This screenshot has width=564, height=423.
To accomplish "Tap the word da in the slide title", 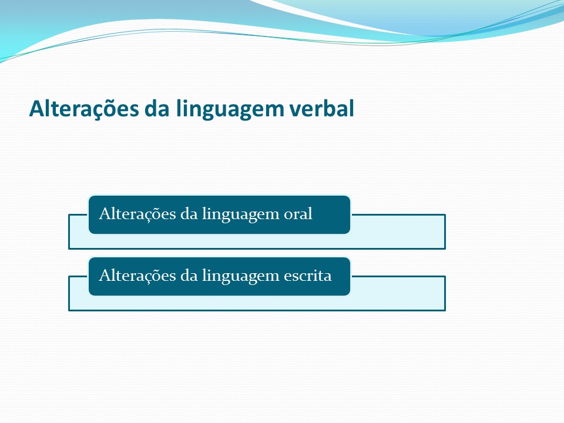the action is click(x=157, y=109).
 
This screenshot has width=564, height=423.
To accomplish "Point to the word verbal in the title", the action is click(x=320, y=109).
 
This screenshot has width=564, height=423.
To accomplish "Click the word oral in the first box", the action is click(x=298, y=214).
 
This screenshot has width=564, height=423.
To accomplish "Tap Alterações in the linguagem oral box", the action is click(x=137, y=214).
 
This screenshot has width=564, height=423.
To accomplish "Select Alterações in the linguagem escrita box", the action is click(x=137, y=276).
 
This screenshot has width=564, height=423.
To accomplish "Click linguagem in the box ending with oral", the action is click(x=241, y=216).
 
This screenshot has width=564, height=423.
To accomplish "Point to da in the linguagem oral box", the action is click(x=189, y=214).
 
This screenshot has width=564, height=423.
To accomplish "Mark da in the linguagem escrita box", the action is click(x=189, y=276).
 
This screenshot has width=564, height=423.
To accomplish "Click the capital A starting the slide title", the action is click(x=38, y=109).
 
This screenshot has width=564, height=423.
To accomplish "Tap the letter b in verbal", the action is click(x=329, y=109).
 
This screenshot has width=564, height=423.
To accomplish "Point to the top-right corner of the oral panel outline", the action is click(x=445, y=215).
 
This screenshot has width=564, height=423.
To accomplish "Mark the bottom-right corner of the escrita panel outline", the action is click(x=445, y=310).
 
